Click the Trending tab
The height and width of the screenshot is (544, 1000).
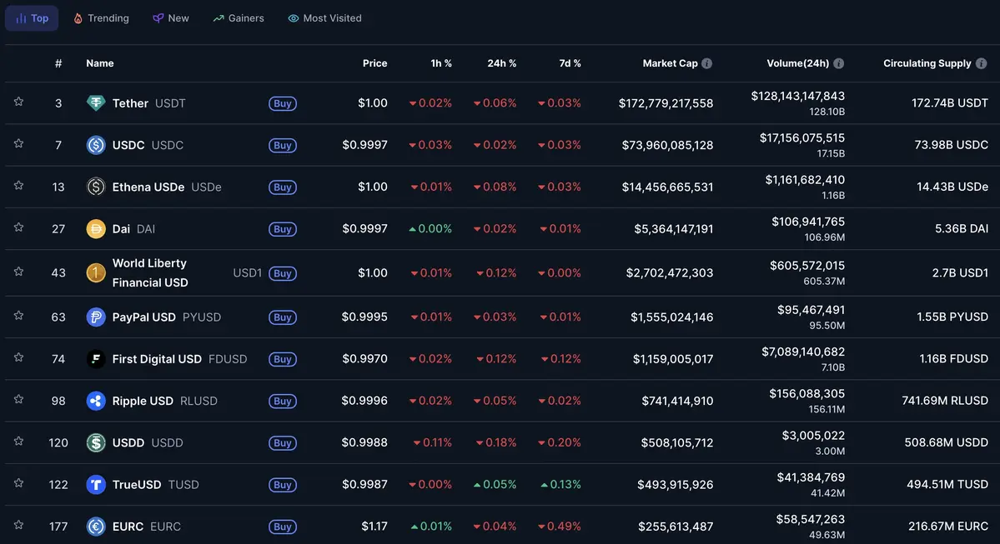tap(101, 18)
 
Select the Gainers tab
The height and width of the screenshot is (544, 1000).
tap(239, 18)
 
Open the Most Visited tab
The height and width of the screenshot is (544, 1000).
tap(324, 18)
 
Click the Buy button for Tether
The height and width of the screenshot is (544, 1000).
tap(283, 103)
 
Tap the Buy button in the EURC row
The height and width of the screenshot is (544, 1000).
tap(283, 527)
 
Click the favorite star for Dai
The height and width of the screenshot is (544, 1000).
tap(18, 227)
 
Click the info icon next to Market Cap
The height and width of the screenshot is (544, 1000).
tap(707, 63)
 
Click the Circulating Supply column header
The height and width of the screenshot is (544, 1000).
tap(927, 63)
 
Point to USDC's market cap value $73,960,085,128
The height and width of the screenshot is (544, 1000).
tap(667, 145)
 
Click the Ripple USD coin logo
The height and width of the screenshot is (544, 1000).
tap(96, 401)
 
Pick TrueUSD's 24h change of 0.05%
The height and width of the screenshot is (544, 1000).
tap(495, 484)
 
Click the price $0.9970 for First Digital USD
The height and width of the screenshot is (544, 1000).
tap(364, 359)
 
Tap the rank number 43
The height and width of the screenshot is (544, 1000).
tap(58, 273)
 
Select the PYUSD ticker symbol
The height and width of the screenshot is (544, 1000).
tap(202, 317)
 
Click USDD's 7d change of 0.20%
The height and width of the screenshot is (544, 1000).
tap(560, 442)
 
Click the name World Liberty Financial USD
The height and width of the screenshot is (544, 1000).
tap(150, 273)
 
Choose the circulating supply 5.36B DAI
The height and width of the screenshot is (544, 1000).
tap(952, 228)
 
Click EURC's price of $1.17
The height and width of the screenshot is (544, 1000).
tap(374, 527)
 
